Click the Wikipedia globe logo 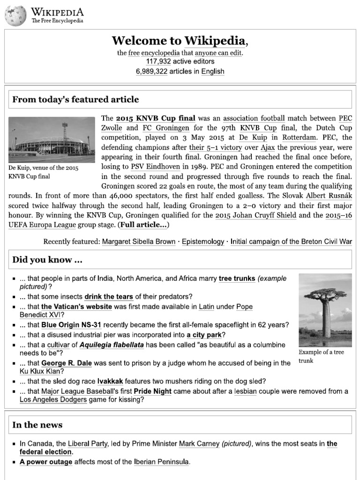(x=15, y=15)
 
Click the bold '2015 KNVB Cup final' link (x=156, y=118)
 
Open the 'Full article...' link (x=143, y=225)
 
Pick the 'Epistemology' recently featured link (x=203, y=242)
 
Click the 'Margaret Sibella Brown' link (x=138, y=242)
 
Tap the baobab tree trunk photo (x=325, y=310)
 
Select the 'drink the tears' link (x=109, y=297)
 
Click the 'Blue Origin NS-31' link (x=71, y=325)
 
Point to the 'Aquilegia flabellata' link (x=112, y=345)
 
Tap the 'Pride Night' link (x=152, y=391)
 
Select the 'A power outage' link (x=46, y=462)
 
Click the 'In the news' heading (x=37, y=425)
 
